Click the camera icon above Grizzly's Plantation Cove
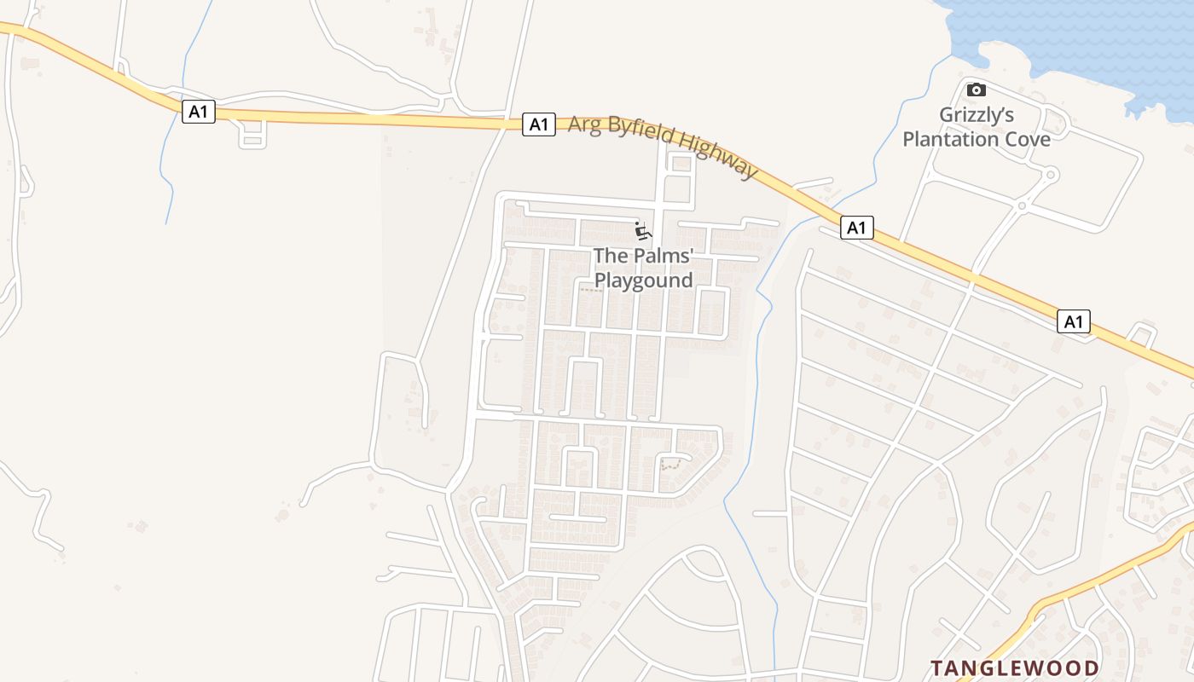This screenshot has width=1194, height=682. click(977, 90)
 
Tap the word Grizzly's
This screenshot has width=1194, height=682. click(977, 114)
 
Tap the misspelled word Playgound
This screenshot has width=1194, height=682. click(643, 280)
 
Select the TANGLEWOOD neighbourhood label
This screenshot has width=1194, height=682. click(1014, 668)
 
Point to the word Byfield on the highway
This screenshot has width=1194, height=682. click(649, 139)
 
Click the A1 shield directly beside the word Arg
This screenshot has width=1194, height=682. click(539, 124)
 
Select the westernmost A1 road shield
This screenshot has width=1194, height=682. click(198, 112)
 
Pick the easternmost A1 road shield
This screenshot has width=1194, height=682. click(1074, 321)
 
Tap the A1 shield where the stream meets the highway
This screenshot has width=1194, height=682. click(857, 228)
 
